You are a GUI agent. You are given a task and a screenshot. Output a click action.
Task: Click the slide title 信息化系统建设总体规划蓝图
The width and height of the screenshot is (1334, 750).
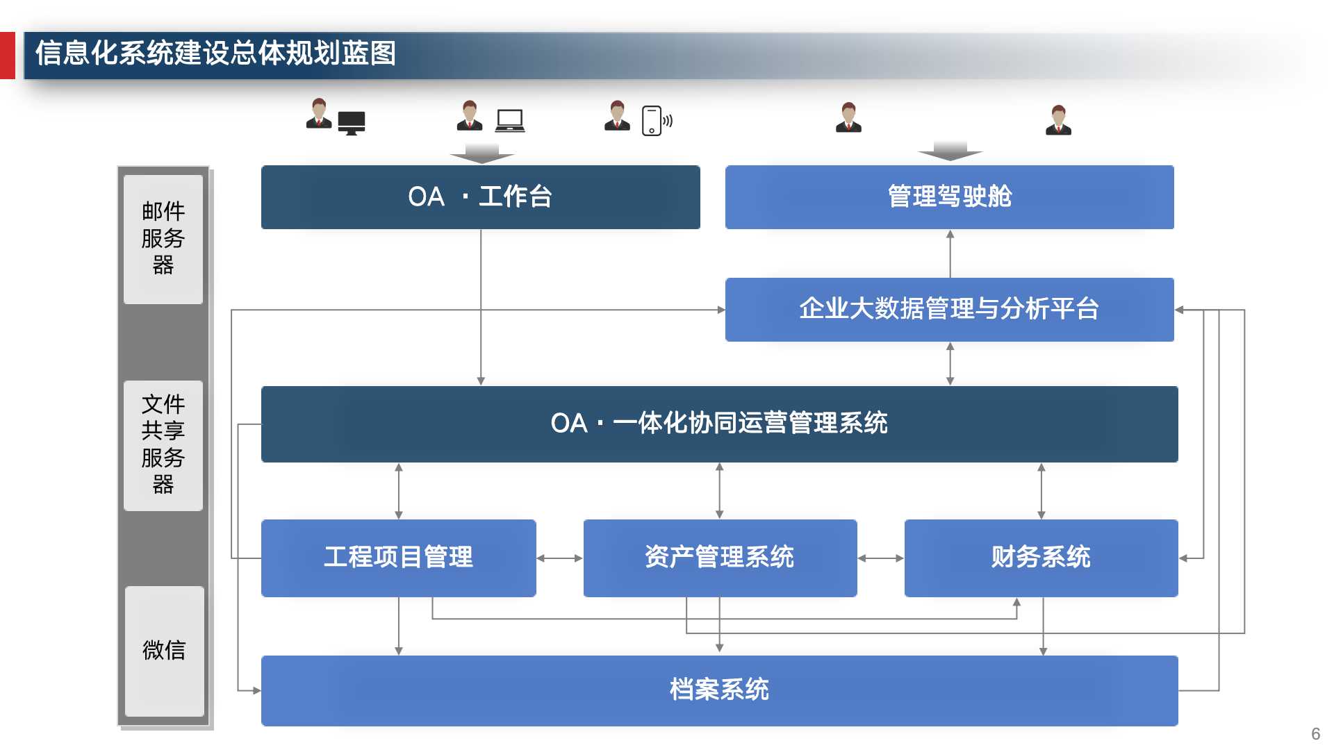point(215,53)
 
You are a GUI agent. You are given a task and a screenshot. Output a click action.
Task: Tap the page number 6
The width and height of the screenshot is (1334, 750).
point(1315,734)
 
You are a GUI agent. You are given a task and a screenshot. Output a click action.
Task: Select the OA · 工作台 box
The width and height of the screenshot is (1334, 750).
point(480,197)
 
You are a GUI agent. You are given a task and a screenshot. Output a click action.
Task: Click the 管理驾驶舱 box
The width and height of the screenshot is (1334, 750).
point(949,197)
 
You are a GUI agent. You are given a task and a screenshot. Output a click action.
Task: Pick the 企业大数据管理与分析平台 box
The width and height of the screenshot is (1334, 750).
point(949,310)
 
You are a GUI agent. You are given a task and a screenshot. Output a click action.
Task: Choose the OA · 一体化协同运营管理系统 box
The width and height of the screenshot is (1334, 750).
point(719,424)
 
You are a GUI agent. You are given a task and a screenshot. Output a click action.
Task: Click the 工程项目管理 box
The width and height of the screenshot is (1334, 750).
point(398,558)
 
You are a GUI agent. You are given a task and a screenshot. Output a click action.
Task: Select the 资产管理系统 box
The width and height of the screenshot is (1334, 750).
point(720,558)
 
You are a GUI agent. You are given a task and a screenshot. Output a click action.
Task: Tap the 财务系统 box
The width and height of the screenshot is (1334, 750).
point(1041,558)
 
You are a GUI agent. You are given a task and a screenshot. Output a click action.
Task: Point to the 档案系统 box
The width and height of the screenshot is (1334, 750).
point(719,690)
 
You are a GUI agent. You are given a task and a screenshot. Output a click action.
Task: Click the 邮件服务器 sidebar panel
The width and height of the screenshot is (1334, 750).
point(163,239)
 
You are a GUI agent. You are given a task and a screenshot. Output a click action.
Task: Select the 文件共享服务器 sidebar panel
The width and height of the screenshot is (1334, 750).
point(163,445)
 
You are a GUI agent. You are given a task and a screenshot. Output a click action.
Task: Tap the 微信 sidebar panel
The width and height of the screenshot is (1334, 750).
point(164,651)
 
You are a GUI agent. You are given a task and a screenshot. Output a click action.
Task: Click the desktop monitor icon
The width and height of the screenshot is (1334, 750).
point(352,123)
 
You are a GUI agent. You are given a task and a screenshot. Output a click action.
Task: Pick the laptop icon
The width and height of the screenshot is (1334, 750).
point(510,121)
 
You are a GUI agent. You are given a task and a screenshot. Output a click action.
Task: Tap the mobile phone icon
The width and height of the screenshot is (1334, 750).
point(652,121)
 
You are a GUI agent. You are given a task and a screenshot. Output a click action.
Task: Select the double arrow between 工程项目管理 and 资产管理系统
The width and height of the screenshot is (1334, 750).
point(559,558)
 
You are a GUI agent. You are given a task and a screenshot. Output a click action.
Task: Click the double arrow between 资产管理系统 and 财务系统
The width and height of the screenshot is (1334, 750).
point(880,558)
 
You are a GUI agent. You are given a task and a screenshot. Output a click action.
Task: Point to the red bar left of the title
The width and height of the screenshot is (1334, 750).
point(7,55)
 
